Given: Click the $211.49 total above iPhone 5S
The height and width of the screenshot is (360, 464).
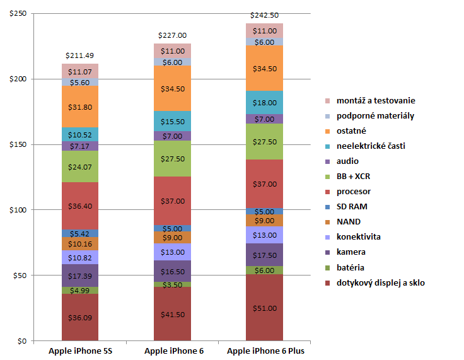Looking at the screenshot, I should tap(79, 55).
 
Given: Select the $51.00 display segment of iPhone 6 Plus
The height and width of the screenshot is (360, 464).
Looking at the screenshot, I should tap(264, 308).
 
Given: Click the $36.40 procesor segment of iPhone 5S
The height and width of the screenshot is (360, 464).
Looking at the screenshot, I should tap(79, 206).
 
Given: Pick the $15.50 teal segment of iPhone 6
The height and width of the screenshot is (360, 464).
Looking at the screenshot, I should tap(172, 120).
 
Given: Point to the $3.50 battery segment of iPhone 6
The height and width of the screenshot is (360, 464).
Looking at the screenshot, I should tap(172, 285).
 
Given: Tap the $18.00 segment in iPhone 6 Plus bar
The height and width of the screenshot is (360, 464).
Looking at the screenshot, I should tap(264, 102).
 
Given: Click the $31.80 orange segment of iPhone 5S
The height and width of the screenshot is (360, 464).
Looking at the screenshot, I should tap(79, 107).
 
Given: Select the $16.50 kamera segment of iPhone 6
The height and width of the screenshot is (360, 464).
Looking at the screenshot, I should tap(172, 270).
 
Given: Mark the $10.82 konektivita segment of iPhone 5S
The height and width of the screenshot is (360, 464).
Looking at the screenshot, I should tap(79, 257).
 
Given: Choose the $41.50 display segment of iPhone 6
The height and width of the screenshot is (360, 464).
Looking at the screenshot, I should tap(172, 314).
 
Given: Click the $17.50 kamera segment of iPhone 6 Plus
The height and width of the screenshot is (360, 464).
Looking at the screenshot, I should tap(264, 255).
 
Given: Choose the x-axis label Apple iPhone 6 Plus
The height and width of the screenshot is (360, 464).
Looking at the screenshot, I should tap(265, 351).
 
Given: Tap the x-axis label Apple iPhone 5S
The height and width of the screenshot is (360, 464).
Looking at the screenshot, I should tap(79, 351).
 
